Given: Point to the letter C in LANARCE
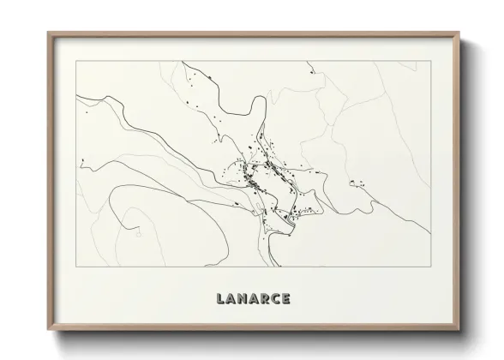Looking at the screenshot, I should [278, 299].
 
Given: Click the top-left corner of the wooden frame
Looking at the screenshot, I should [48, 33].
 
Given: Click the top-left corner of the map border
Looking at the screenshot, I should [76, 61].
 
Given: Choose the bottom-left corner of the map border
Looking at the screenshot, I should [76, 267].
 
